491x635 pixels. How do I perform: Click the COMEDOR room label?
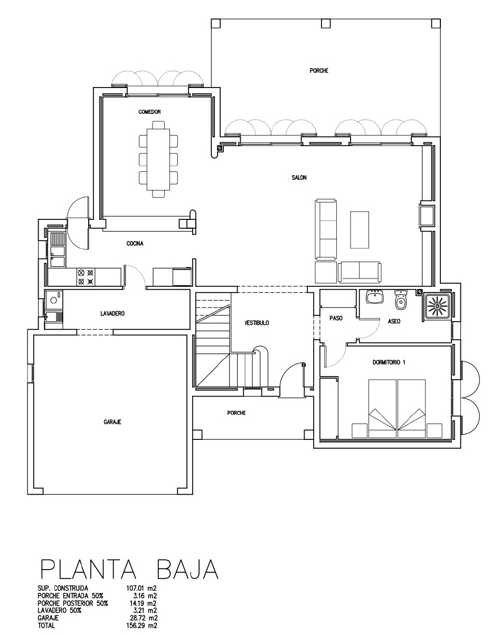[149, 112]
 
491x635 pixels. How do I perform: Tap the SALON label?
[299, 177]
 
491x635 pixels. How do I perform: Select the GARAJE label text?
[112, 422]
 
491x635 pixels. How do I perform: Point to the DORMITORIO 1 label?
[389, 362]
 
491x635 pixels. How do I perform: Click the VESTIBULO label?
[257, 323]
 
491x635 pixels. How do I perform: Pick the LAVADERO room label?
[112, 314]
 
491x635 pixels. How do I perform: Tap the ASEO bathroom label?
[394, 321]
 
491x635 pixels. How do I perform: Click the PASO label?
[336, 318]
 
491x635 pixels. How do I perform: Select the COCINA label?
[135, 244]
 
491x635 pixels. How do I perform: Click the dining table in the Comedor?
[158, 159]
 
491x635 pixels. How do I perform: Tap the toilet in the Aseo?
[400, 300]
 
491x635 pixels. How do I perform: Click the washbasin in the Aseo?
[375, 297]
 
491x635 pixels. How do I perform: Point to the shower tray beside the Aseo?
[437, 306]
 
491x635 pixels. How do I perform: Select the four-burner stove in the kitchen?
[86, 277]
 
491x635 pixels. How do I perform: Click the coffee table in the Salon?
[360, 230]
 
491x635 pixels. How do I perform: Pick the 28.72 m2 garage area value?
[144, 618]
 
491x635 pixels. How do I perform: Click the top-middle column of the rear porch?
[326, 24]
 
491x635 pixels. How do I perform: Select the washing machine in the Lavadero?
[53, 300]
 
